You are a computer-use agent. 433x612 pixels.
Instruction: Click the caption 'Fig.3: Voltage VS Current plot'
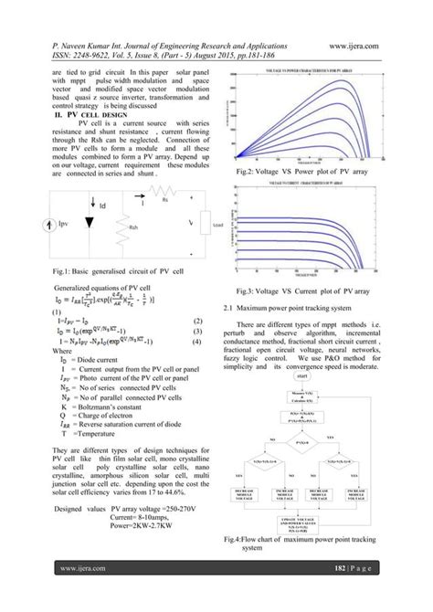click(x=315, y=290)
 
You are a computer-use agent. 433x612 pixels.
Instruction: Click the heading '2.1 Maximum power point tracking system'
click(x=301, y=307)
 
